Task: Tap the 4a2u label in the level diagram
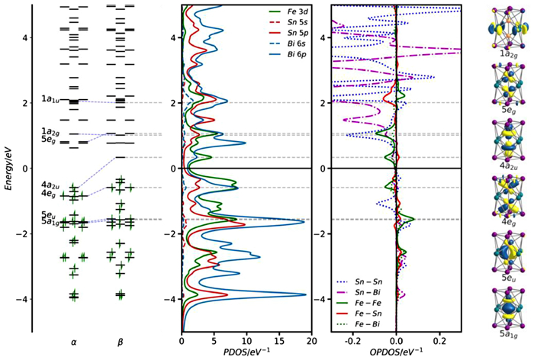(x=51, y=185)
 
